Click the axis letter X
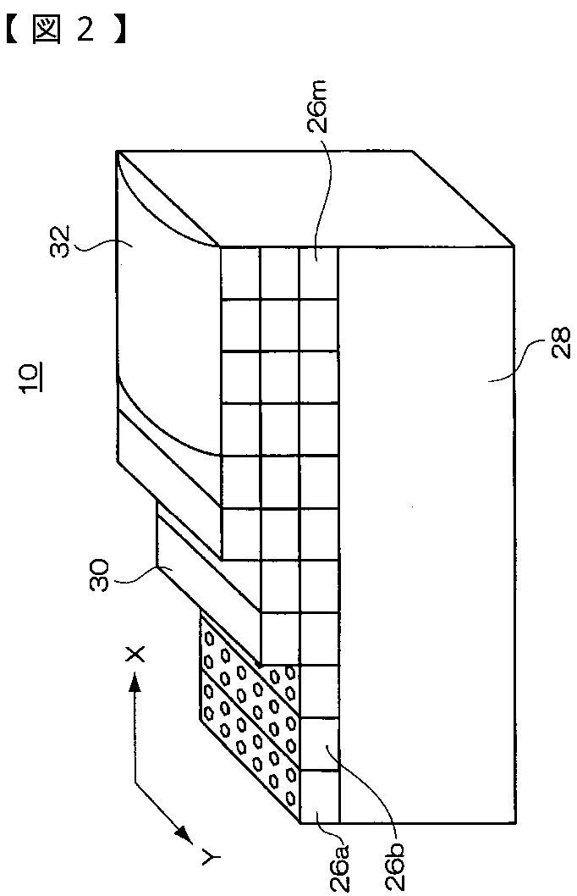[x=135, y=652]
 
